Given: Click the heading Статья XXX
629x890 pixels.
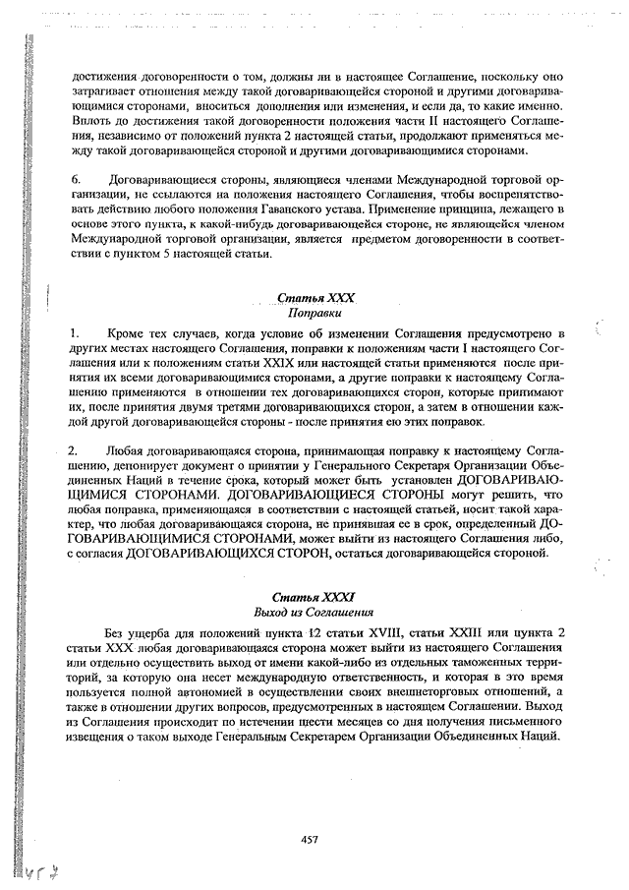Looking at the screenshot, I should point(314,298).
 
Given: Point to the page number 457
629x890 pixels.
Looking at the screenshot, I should point(310,838).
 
